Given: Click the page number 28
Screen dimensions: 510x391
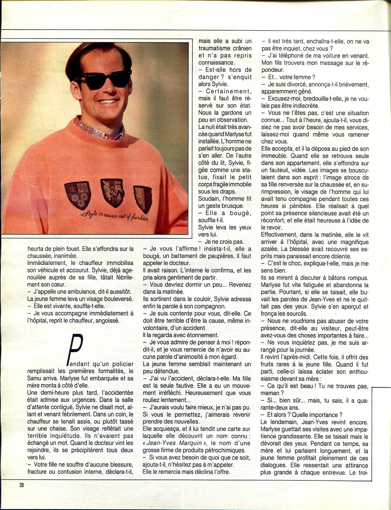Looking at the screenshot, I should click(x=22, y=485).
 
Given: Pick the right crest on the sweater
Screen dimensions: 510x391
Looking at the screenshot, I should click(x=143, y=198).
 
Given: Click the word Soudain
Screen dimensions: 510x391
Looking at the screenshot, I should click(x=209, y=199).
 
